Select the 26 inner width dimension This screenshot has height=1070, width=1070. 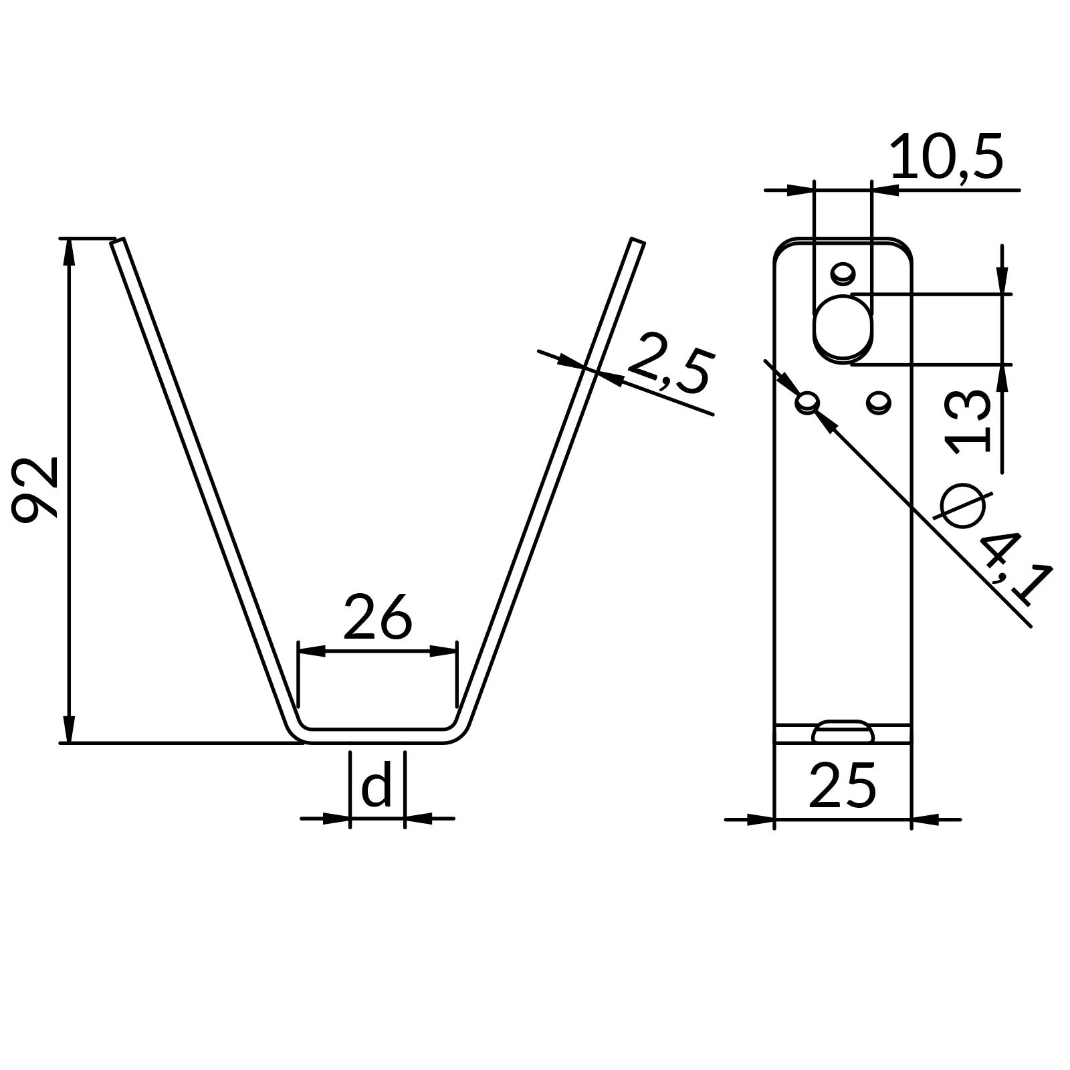coord(377,617)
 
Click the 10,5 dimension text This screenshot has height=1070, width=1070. coord(947,158)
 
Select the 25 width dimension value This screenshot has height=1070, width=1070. coord(842,786)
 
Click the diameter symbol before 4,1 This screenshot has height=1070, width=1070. coord(963,505)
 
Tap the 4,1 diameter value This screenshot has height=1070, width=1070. coord(1013,565)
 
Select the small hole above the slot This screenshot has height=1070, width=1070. coord(843,273)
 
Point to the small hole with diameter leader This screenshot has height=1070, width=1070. coord(808,403)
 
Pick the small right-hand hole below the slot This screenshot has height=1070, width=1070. coord(878,403)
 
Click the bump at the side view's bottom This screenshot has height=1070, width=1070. coord(843,732)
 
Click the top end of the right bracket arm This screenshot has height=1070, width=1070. coord(637,242)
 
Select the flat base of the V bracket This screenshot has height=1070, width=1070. coord(377,735)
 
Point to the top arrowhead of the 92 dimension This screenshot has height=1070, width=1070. coord(68,251)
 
